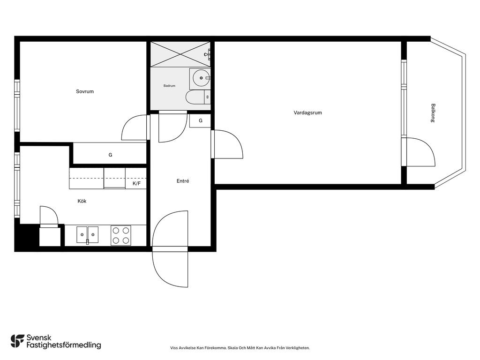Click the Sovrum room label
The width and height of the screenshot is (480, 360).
click(x=85, y=91)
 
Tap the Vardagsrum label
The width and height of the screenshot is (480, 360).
click(x=307, y=112)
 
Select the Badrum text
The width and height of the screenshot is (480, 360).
click(x=169, y=86)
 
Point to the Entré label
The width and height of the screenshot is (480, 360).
click(x=183, y=181)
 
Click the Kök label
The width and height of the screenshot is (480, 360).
click(x=82, y=201)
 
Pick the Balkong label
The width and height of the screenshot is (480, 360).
click(x=433, y=113)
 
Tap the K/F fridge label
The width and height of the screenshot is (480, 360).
click(x=136, y=184)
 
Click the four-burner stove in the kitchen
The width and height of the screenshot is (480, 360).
click(x=121, y=235)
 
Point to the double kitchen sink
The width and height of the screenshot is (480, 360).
click(x=88, y=235)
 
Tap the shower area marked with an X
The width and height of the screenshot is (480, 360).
click(x=180, y=54)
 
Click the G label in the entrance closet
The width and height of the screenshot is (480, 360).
click(x=201, y=120)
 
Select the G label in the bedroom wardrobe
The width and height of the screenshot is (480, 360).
click(x=110, y=155)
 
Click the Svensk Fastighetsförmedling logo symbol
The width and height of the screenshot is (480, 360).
click(x=17, y=341)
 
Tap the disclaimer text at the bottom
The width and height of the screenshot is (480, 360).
click(x=240, y=348)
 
